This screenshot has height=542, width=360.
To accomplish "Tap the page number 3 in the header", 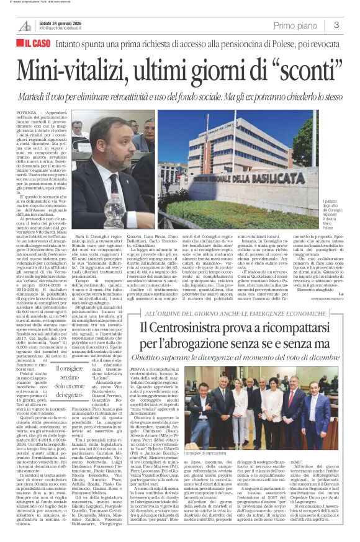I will click(336, 25).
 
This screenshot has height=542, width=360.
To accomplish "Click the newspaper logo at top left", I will click(25, 25).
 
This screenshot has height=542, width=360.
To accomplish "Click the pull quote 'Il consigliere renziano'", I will click(60, 377).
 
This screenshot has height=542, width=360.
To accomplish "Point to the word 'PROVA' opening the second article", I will click(148, 352).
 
